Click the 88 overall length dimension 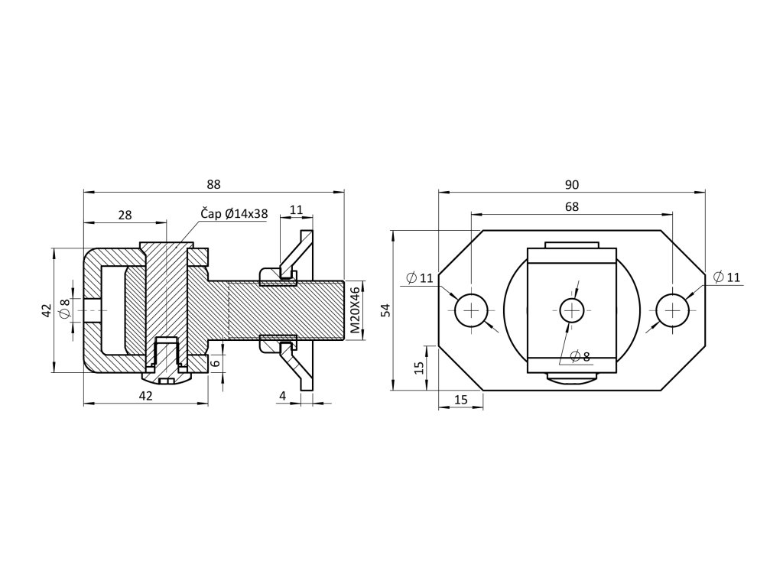pos(213,184)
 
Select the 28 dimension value pos(125,216)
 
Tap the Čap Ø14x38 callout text pos(234,214)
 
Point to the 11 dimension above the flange pos(297,209)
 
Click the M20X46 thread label pos(355,310)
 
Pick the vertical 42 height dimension pos(47,310)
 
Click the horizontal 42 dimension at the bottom pos(145,395)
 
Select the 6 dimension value pos(216,364)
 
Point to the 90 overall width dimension pos(572,184)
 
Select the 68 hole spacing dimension pos(572,206)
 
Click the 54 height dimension pos(385,310)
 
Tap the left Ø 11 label pos(420,277)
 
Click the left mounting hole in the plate pos(473,310)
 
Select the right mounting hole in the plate pos(672,310)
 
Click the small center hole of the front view pos(572,310)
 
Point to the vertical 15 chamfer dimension pos(418,367)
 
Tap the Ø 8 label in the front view pos(580,356)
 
